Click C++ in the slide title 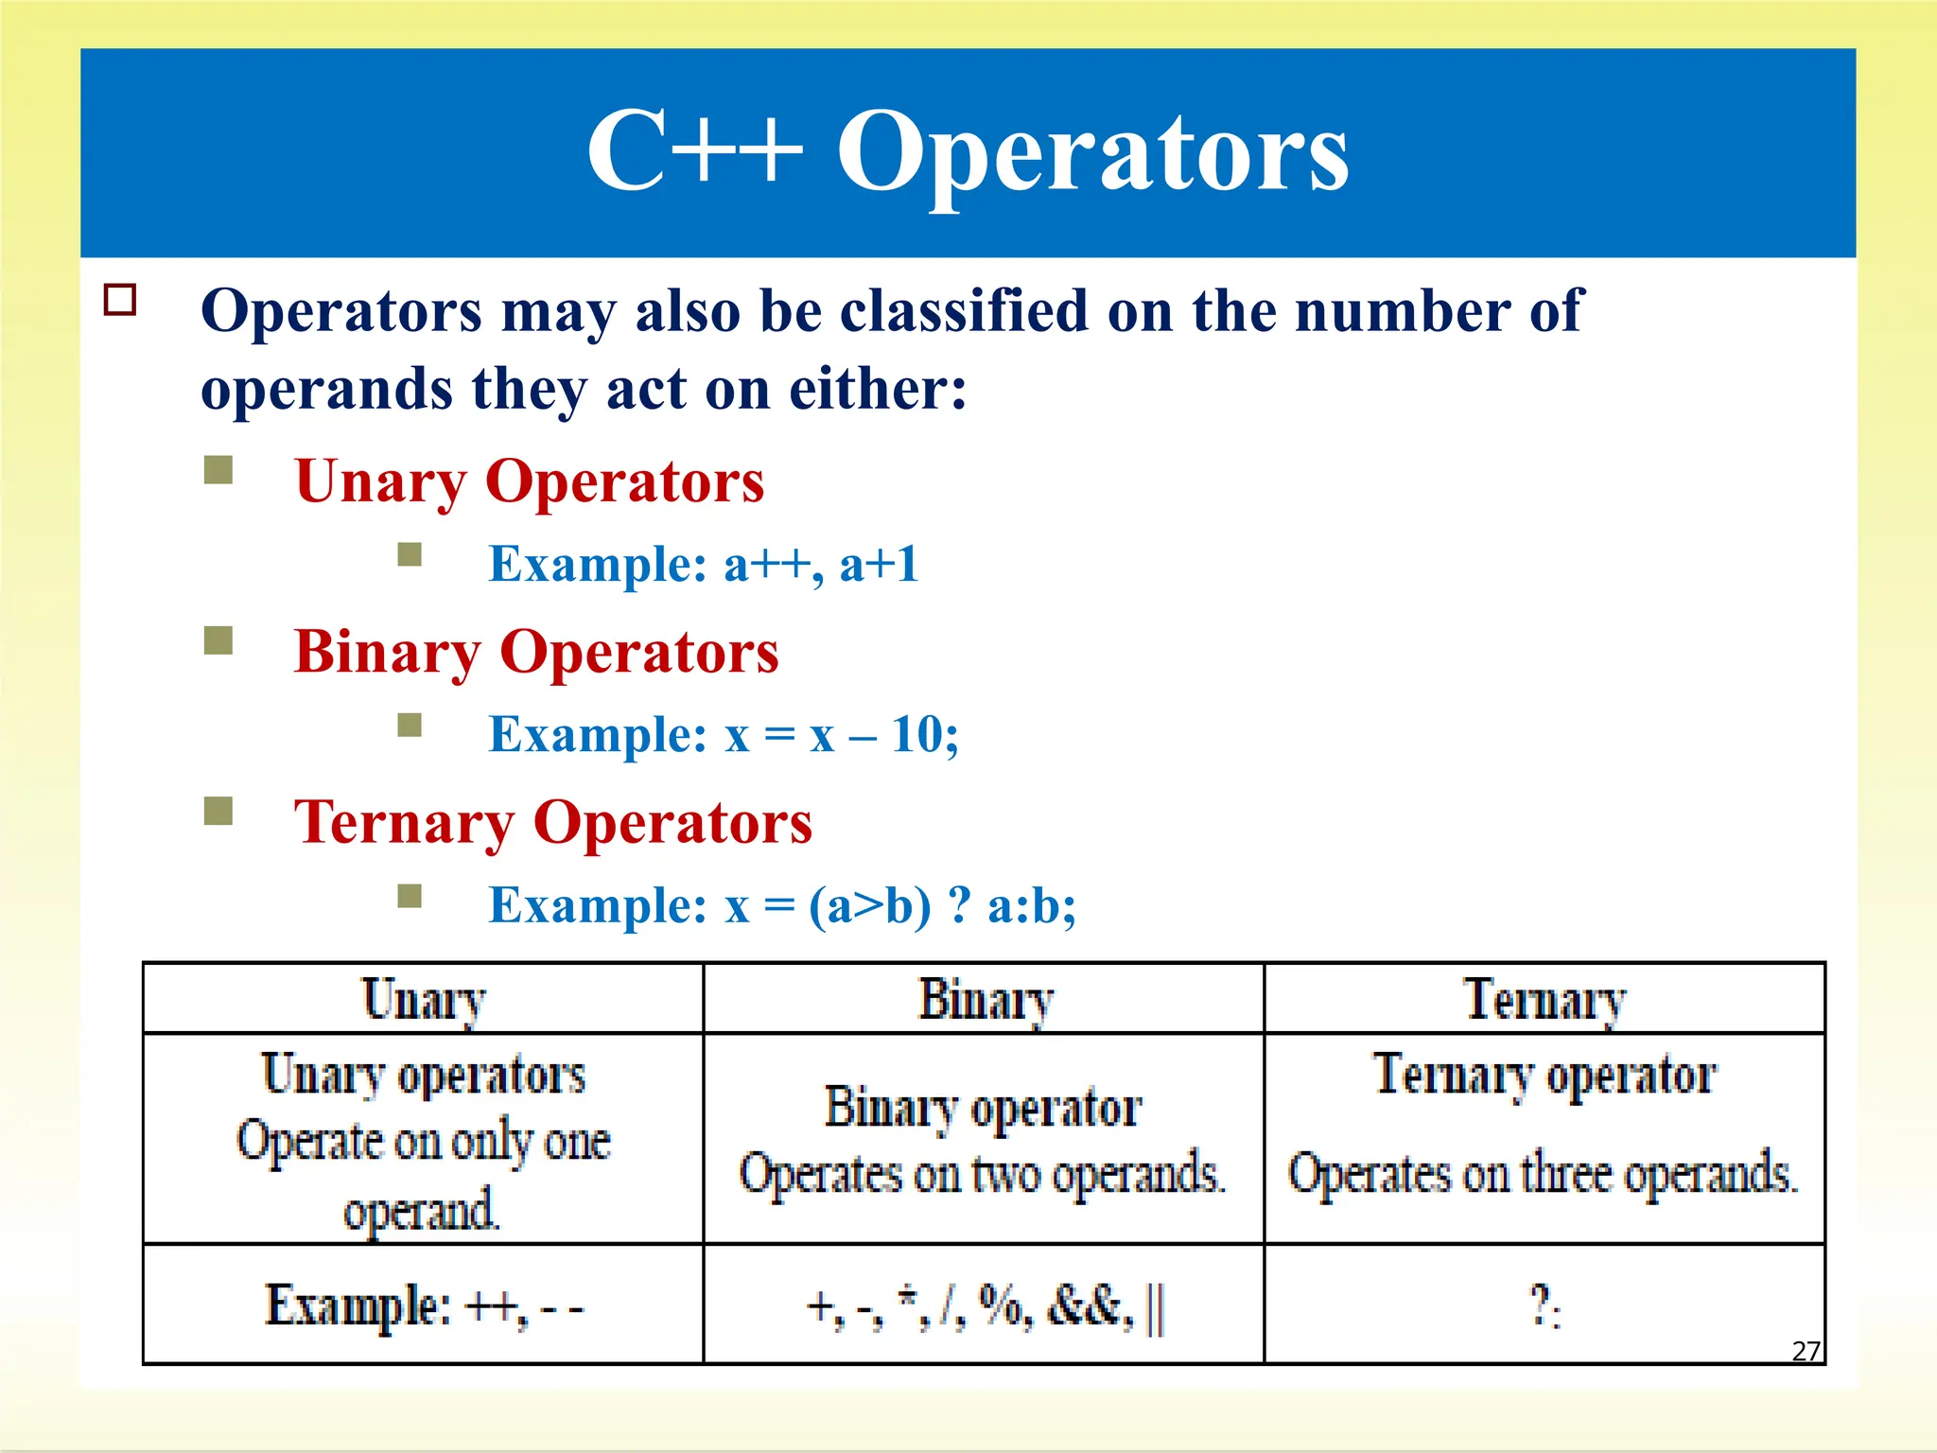(695, 151)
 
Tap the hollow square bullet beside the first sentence (120, 300)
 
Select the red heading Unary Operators (529, 481)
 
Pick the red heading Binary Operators (536, 652)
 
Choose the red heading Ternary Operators (553, 822)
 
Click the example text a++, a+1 (821, 565)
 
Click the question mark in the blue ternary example (959, 905)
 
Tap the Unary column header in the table (424, 1000)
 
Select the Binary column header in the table (985, 1000)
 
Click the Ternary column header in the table (1544, 1000)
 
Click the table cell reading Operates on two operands (982, 1174)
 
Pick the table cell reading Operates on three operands (1543, 1174)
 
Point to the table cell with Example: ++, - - (424, 1306)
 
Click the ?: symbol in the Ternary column (1544, 1306)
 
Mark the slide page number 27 (1806, 1351)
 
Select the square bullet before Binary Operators (218, 641)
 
